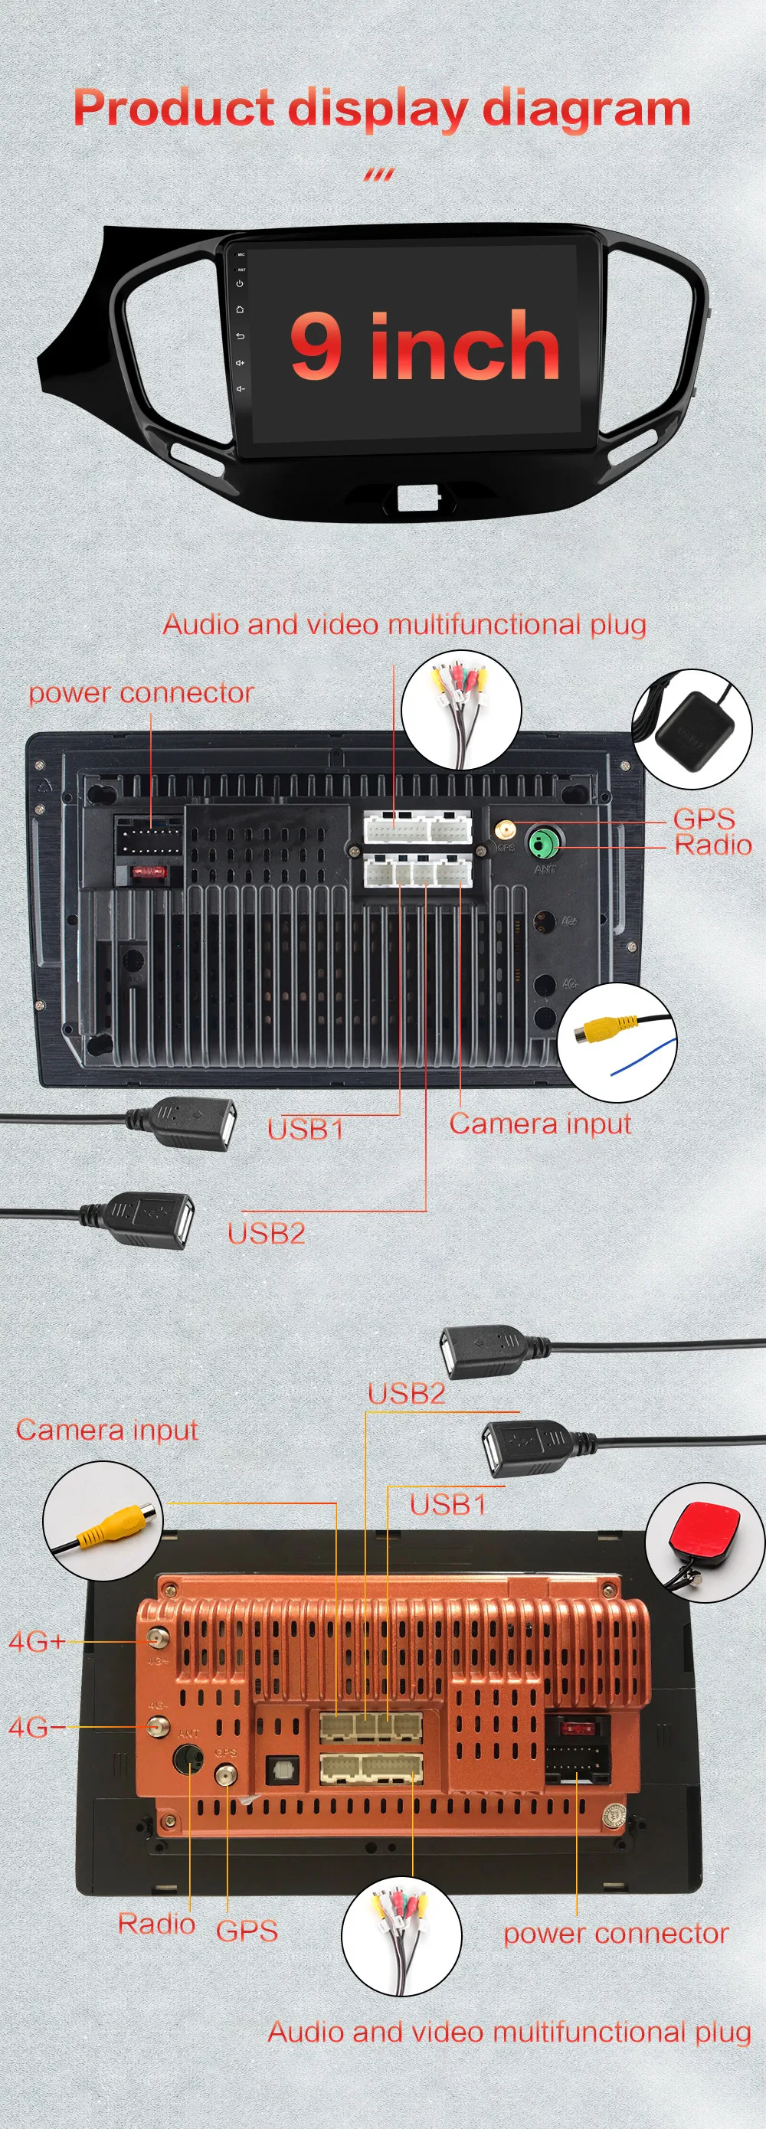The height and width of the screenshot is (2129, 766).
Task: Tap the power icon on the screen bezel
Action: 240,283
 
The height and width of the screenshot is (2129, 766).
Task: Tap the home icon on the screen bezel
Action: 240,309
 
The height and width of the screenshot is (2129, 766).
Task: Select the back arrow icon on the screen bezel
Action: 240,335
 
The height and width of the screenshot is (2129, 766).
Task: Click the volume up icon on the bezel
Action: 240,362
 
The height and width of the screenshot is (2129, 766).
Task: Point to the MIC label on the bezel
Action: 241,254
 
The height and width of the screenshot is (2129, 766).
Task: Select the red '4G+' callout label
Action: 36,1640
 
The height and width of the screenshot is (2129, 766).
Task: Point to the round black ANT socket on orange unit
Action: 188,1760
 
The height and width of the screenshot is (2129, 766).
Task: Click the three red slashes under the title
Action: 379,175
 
